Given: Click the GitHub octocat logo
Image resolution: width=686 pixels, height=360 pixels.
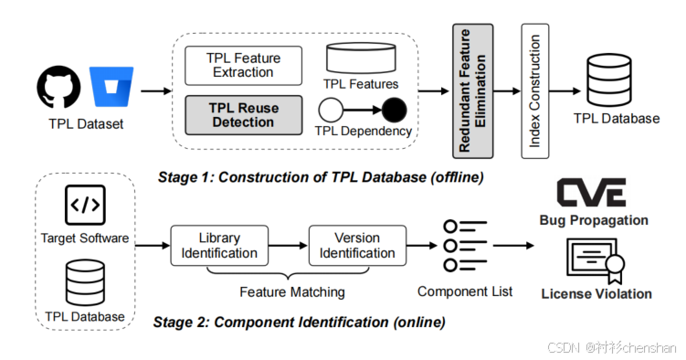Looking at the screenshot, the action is coord(58,87).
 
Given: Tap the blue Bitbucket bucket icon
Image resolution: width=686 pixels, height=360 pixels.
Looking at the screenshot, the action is coord(111,87).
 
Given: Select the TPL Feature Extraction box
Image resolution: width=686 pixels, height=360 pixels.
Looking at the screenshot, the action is coord(243,66).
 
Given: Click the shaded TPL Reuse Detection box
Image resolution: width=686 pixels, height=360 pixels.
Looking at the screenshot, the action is coord(243,115).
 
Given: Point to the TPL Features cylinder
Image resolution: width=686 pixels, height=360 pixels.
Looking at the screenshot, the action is coord(361,58).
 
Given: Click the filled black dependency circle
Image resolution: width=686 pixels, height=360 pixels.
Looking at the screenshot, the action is coord(395,111).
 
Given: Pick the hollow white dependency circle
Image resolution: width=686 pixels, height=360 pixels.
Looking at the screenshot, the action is coord(331,111).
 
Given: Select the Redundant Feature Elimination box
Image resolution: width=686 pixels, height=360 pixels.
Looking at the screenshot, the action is coord(472,91).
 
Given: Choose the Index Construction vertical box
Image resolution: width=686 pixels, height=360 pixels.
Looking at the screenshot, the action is coord(535,91).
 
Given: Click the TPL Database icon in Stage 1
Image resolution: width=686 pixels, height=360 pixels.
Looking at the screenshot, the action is coord(609,80).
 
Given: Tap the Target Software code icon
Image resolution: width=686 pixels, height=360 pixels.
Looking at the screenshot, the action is coord(85,206).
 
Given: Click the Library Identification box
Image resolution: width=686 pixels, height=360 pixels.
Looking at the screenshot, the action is coord(219,246).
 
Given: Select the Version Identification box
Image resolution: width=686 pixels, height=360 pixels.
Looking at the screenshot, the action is coord(357,246).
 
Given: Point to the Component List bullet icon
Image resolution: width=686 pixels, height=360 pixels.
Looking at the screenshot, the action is coord(465,246).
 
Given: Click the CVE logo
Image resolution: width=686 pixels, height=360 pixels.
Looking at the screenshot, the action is coord(591,193).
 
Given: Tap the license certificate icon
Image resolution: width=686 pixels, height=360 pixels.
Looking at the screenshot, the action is coord(596,260).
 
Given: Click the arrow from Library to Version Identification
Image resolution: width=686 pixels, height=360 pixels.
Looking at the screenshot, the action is coord(289,246).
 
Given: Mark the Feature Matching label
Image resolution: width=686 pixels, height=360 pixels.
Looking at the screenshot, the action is coord(292,291).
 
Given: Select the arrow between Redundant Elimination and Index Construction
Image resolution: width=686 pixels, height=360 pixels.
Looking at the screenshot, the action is coord(507,91).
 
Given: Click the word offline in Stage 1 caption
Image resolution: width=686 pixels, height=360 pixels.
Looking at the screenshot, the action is coord(458,177).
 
